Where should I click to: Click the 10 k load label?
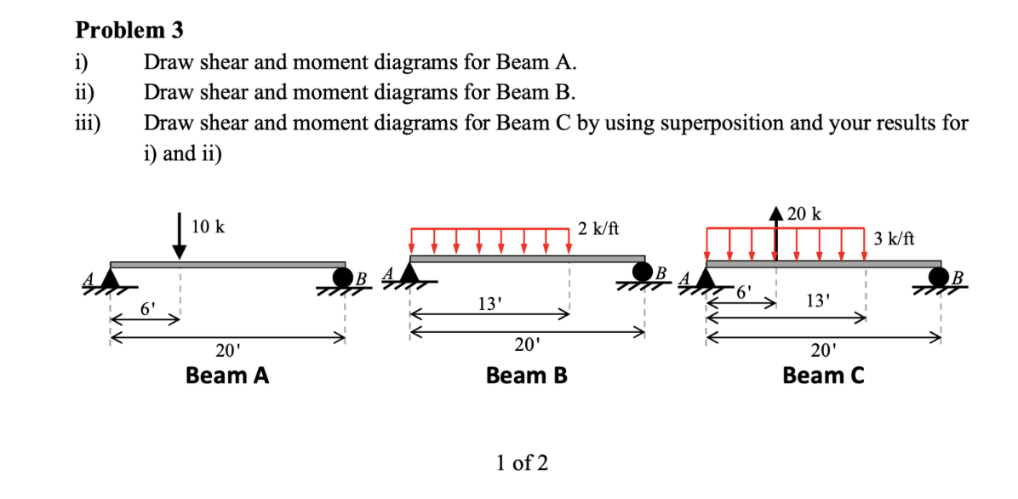[x=209, y=227]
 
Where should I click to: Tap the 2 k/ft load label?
[x=598, y=228]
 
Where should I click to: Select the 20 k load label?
[x=804, y=214]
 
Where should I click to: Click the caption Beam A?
[x=227, y=376]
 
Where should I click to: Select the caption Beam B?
[x=526, y=376]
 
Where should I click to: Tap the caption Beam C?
[x=823, y=376]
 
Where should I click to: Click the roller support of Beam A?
[x=343, y=278]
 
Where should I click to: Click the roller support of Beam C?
[x=939, y=278]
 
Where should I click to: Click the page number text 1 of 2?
[x=522, y=463]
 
